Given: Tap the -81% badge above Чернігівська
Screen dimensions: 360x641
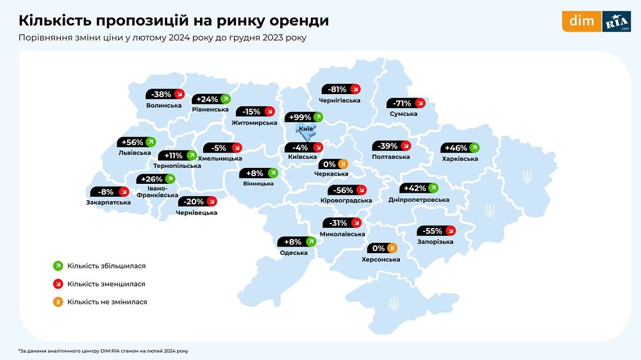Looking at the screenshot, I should pos(340,89).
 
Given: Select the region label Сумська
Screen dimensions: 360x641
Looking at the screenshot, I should pos(403,114).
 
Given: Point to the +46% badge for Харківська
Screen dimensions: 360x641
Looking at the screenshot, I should pos(460,147).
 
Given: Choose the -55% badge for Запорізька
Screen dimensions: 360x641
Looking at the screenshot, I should pos(437,231).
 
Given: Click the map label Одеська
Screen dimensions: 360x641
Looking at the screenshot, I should pos(294,252).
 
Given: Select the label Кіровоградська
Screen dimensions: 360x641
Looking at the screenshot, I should pos(346,200).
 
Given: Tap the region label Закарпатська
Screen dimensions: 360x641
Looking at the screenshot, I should pos(108,202).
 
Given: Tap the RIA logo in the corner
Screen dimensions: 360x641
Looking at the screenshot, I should pos(617,22).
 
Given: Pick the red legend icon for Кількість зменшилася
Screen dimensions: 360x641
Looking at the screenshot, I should pos(58,284).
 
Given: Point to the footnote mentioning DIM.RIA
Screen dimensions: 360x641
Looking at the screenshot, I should pos(103,350).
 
